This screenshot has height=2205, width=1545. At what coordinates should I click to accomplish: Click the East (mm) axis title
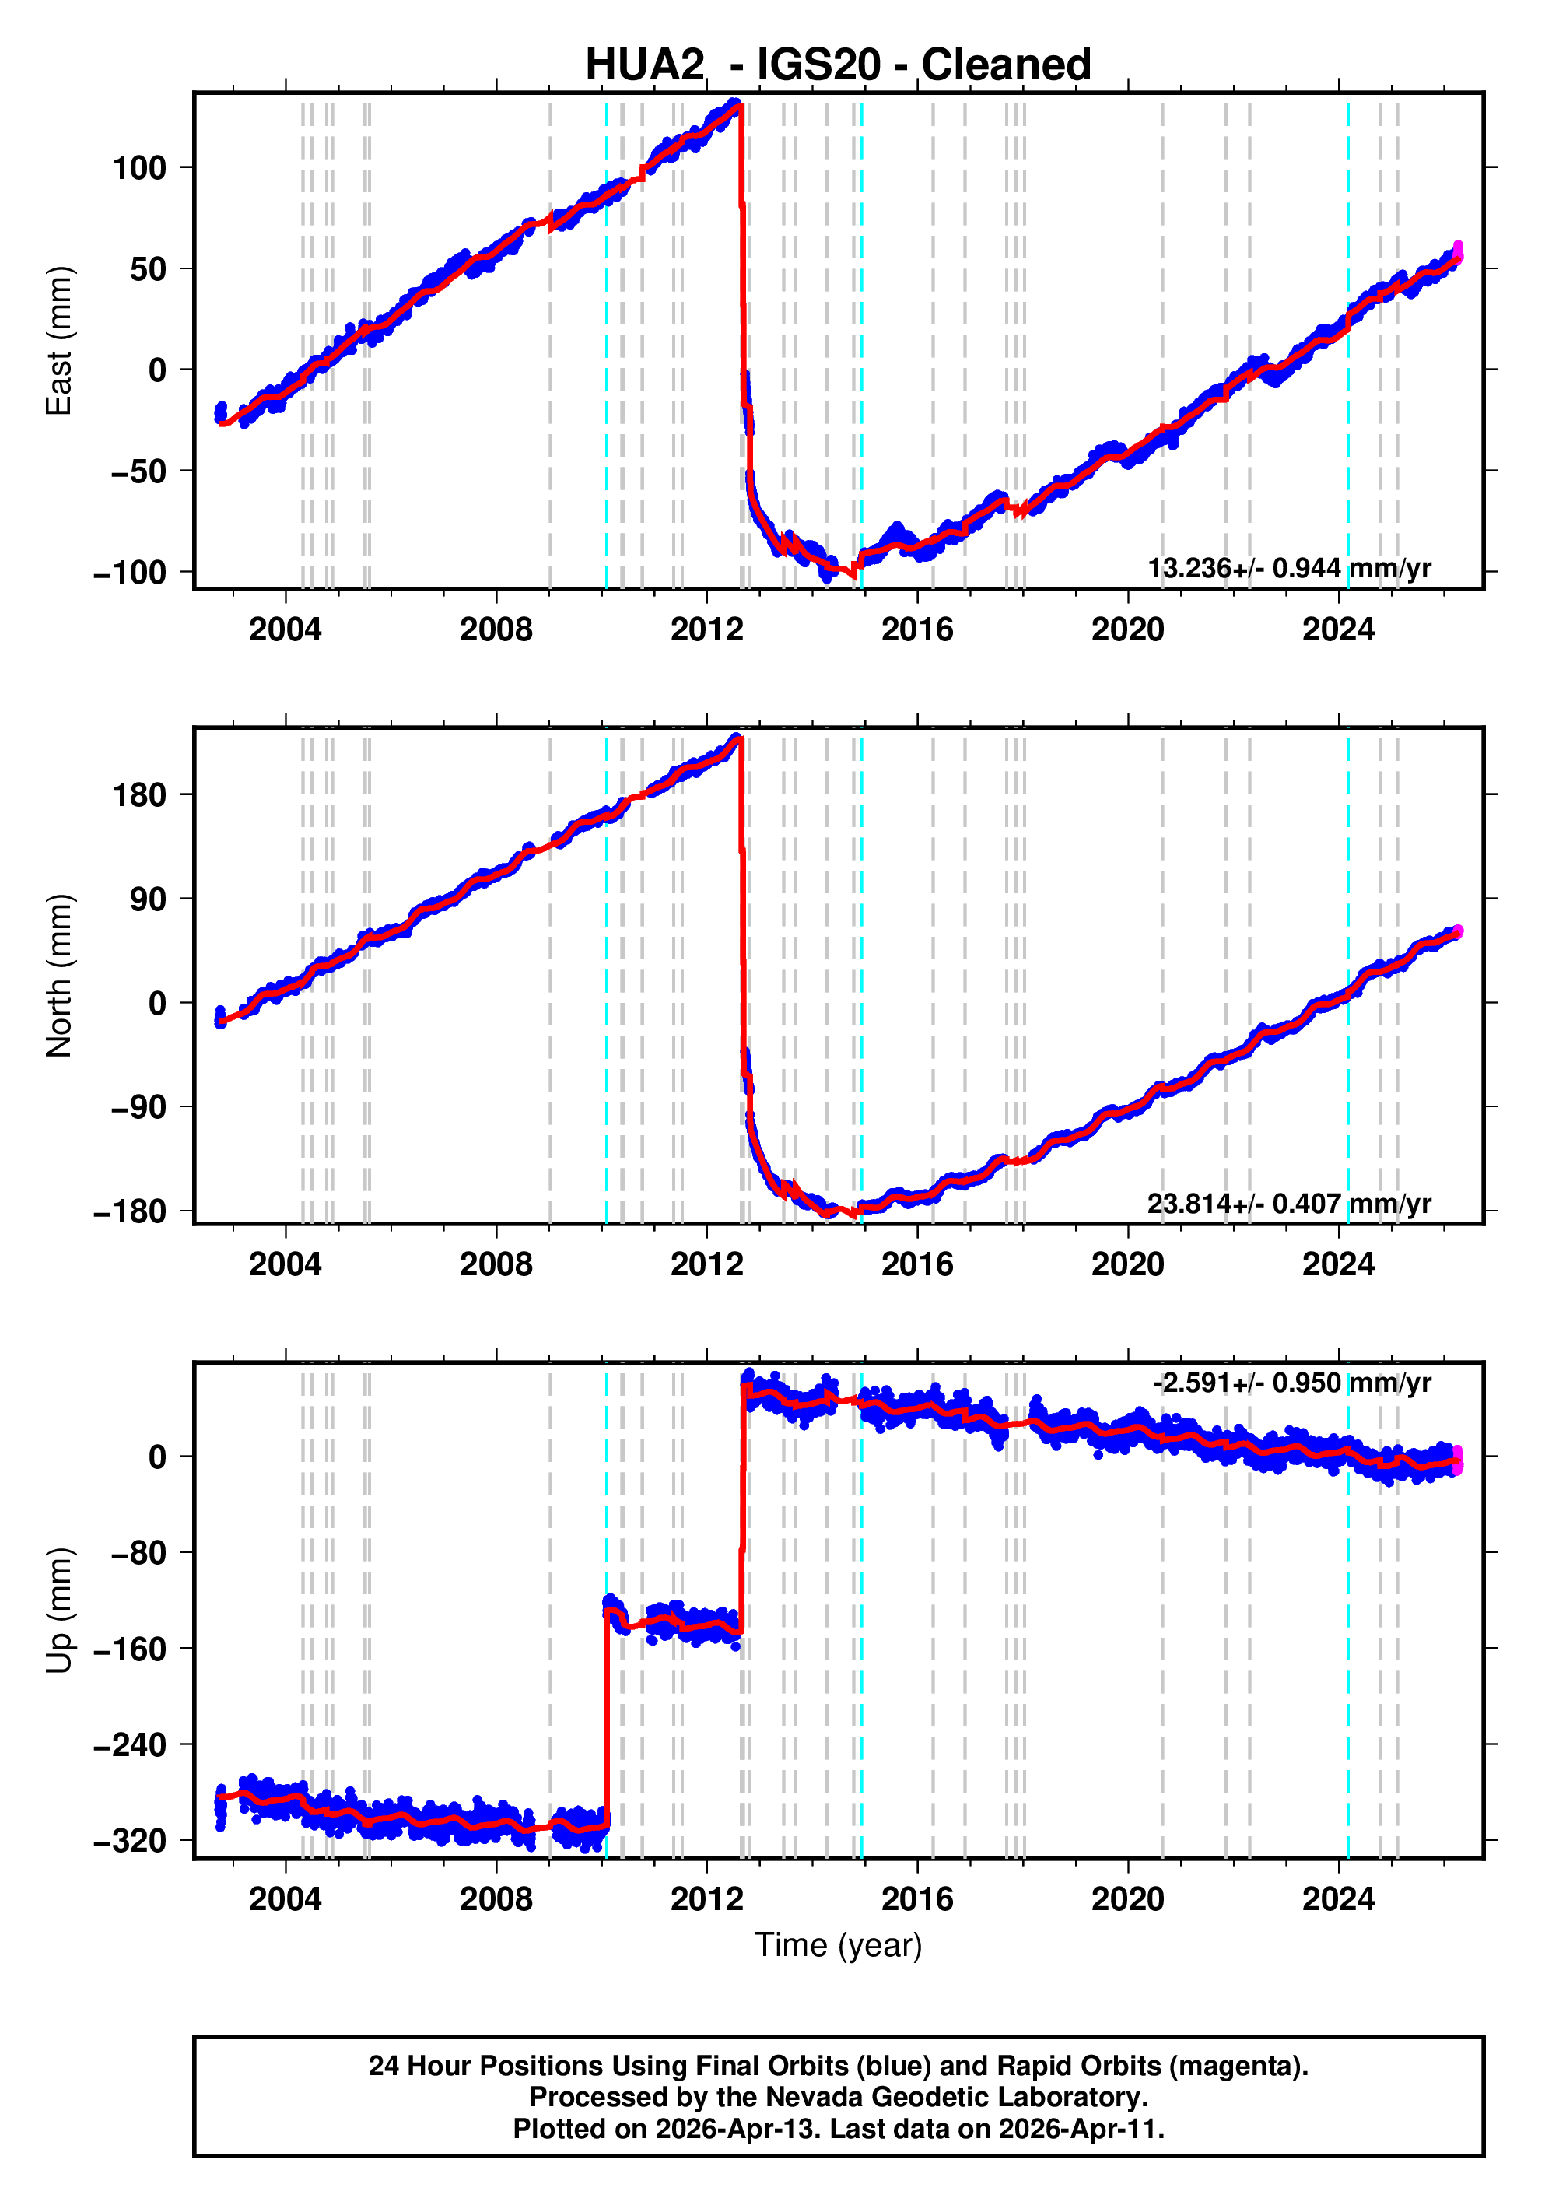[58, 341]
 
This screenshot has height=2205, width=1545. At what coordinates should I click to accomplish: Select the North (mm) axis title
[58, 975]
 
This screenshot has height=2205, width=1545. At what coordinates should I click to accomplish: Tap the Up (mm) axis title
[58, 1610]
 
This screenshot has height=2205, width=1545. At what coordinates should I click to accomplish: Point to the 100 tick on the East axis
[139, 168]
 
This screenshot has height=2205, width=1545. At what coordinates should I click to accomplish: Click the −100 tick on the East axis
[130, 573]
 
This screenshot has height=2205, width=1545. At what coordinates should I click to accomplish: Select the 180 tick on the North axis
[139, 795]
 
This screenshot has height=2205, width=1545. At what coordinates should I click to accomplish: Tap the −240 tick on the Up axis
[130, 1744]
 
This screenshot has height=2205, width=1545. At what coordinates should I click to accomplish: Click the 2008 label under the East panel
[496, 630]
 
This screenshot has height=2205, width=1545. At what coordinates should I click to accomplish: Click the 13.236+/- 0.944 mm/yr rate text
[1288, 569]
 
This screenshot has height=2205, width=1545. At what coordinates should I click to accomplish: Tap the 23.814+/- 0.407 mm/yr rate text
[1288, 1204]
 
